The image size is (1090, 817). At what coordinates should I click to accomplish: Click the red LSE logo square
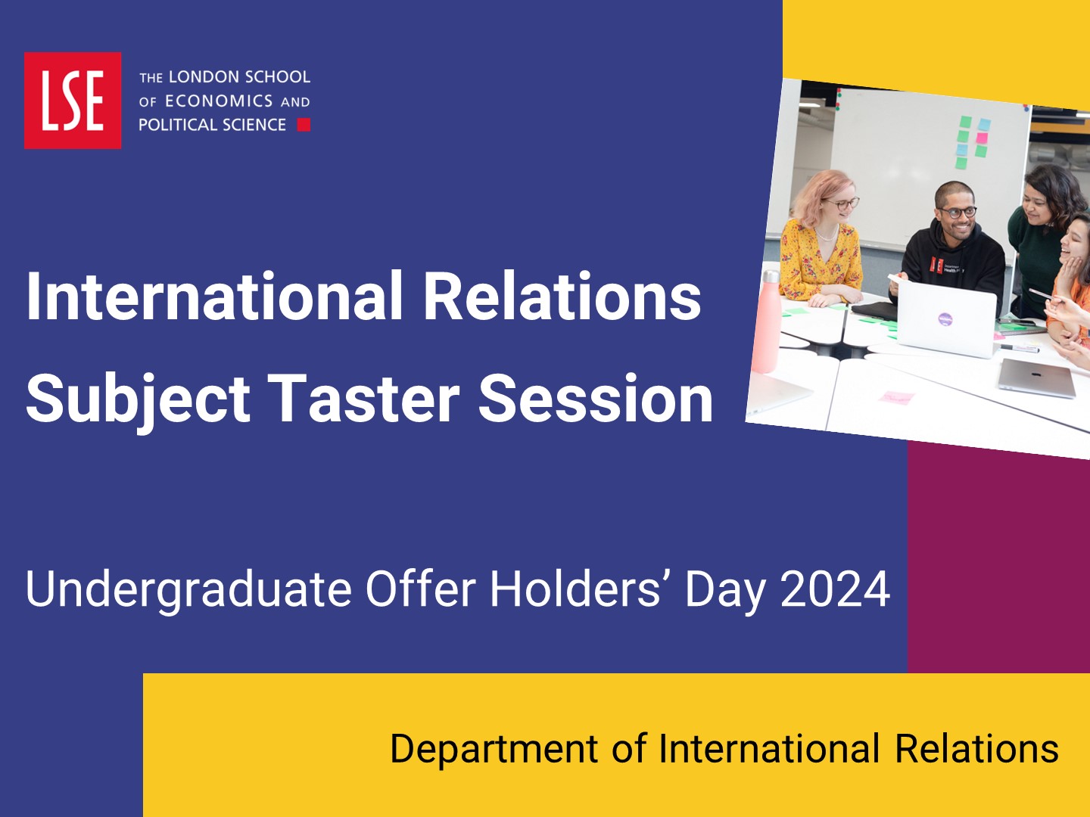click(73, 100)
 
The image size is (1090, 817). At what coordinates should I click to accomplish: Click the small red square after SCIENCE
click(304, 125)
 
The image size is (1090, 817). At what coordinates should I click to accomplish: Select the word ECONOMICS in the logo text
click(219, 101)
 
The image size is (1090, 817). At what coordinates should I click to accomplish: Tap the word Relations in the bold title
click(562, 297)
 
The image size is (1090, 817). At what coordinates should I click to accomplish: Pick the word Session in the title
click(596, 399)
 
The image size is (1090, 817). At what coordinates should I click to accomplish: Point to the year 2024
click(835, 589)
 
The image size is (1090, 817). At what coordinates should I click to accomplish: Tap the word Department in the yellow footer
click(494, 750)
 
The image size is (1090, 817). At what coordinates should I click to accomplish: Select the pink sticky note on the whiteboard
click(982, 138)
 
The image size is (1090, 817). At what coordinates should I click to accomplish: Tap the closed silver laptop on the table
click(1037, 377)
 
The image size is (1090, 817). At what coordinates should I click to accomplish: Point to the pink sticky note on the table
click(897, 397)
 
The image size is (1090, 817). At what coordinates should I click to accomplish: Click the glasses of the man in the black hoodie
click(958, 213)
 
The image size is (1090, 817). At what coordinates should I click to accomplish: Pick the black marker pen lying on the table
click(1019, 348)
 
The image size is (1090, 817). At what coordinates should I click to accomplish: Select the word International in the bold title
click(214, 297)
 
